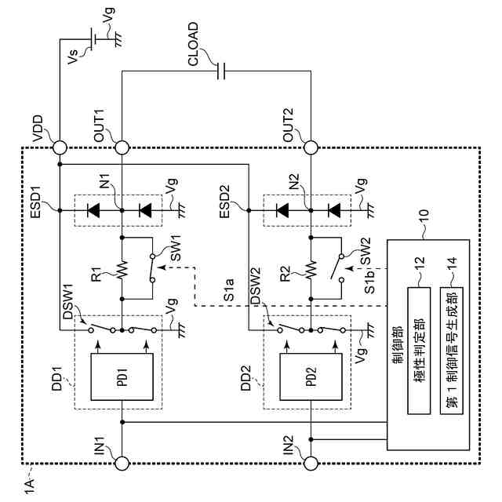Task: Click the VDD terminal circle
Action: tap(60, 147)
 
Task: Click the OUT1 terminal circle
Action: tap(122, 147)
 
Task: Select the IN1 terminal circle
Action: tap(122, 463)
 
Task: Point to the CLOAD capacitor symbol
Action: tap(222, 72)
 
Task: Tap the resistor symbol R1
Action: tap(122, 269)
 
